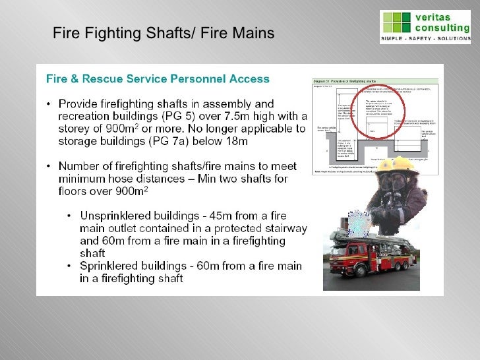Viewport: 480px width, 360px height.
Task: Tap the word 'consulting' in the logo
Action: click(441, 28)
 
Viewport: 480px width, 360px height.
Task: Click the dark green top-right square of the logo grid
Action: click(405, 17)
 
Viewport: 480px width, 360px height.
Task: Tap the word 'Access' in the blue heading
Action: click(246, 79)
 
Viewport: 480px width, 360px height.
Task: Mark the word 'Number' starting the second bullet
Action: click(79, 166)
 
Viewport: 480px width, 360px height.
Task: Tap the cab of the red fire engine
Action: click(344, 253)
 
